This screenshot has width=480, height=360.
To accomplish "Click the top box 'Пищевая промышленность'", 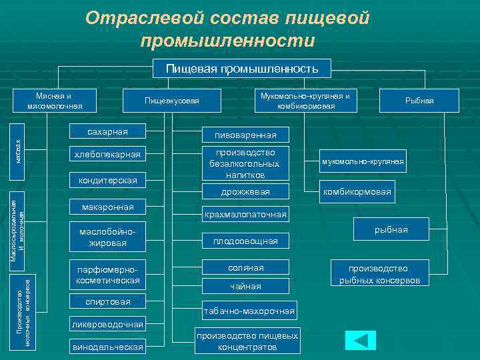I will pos(242,68).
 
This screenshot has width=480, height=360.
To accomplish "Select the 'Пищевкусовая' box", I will pos(172,101).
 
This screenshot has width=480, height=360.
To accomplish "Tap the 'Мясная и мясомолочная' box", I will pos(55,101).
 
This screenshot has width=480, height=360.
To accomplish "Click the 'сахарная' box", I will pos(107,131).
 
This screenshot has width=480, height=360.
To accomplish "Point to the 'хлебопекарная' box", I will pos(107,155).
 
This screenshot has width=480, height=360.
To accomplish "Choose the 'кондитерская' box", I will pos(107,180).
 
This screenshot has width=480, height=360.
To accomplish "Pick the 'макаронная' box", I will pos(107,207).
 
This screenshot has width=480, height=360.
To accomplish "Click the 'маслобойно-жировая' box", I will pos(107,238).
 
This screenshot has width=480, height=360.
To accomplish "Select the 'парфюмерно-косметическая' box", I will pos(107,275).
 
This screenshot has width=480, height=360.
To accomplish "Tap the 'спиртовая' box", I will pos(107,302).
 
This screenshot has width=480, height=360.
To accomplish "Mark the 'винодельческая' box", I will pos(107,347).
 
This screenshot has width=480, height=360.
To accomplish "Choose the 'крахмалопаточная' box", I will pos(245,214).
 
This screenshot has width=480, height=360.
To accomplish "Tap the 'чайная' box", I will pos(245,286).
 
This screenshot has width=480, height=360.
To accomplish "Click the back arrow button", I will pos(361,339).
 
